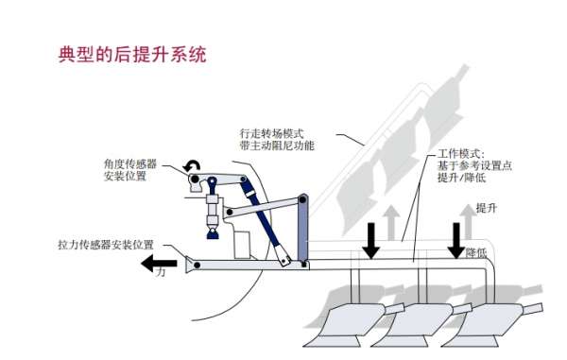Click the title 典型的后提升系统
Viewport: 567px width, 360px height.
pyautogui.click(x=132, y=54)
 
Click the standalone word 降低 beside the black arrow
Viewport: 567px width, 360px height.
pyautogui.click(x=478, y=254)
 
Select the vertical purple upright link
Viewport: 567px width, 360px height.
pyautogui.click(x=301, y=231)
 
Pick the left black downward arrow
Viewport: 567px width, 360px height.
pyautogui.click(x=371, y=240)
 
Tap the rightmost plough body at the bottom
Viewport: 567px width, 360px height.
pyautogui.click(x=482, y=326)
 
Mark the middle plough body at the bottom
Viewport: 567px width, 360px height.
pyautogui.click(x=416, y=326)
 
